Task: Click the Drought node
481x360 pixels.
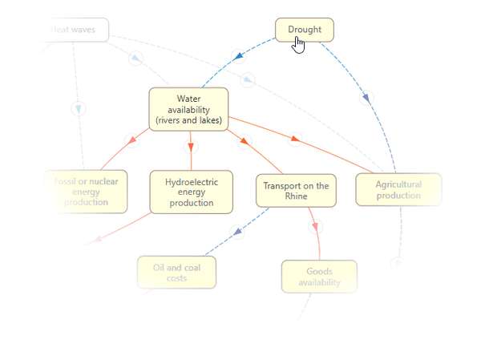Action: [x=304, y=30]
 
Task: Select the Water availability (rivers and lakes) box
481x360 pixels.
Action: [x=188, y=109]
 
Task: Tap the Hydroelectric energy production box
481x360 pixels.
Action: [x=191, y=192]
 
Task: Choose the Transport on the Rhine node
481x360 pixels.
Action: [x=296, y=191]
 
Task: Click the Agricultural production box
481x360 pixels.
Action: [x=398, y=189]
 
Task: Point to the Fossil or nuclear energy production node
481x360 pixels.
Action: [x=86, y=192]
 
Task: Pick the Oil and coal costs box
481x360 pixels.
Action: [x=177, y=273]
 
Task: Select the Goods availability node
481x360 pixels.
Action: [x=319, y=277]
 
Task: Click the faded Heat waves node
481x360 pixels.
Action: [x=74, y=30]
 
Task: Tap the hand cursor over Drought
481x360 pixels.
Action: [x=298, y=44]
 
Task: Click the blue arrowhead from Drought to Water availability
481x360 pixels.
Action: [x=237, y=56]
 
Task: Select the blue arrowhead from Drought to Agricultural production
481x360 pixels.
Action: [x=366, y=98]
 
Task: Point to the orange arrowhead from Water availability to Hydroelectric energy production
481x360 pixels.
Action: [x=191, y=147]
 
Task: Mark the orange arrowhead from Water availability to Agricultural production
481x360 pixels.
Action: [x=294, y=140]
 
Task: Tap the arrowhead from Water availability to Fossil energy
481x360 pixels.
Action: [x=132, y=142]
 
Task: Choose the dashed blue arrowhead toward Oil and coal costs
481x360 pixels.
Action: [x=237, y=232]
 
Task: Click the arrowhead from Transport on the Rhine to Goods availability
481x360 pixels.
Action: [x=315, y=226]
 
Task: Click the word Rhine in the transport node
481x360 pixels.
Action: [x=296, y=196]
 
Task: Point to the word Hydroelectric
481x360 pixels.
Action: [x=192, y=182]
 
